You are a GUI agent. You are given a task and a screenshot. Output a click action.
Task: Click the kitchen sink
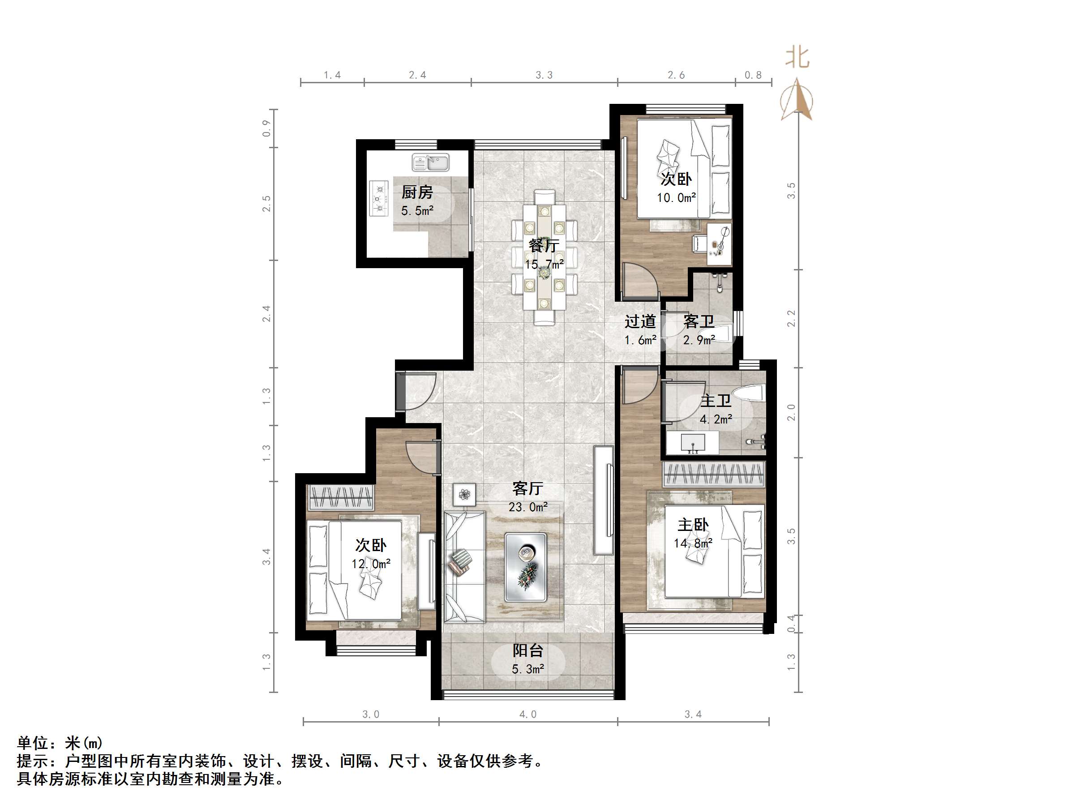(430, 163)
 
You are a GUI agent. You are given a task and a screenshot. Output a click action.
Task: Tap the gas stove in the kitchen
(379, 198)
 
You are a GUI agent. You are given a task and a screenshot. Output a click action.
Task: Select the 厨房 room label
(417, 192)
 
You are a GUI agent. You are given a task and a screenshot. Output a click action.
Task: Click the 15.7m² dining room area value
(544, 265)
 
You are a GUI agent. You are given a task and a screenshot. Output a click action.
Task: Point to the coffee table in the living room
(525, 568)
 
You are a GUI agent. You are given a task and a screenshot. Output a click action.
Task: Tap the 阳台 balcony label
(528, 650)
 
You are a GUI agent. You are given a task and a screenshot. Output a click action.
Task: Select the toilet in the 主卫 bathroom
(749, 393)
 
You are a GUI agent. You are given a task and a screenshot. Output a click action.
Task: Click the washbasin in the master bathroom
(693, 443)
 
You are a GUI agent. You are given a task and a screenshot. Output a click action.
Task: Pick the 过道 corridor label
(640, 321)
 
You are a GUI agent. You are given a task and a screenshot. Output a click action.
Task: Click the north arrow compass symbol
(797, 101)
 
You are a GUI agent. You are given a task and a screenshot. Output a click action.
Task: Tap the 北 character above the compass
(797, 57)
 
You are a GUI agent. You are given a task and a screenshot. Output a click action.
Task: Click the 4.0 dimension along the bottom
(528, 714)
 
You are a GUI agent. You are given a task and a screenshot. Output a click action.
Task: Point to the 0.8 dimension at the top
(753, 75)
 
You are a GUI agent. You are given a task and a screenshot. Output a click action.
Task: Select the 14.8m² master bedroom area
(693, 543)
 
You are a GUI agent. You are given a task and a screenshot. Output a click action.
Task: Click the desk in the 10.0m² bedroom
(719, 244)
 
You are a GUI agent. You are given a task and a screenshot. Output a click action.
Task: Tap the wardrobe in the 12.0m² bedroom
(341, 497)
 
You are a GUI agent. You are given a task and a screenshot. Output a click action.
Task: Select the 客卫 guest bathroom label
(699, 321)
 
